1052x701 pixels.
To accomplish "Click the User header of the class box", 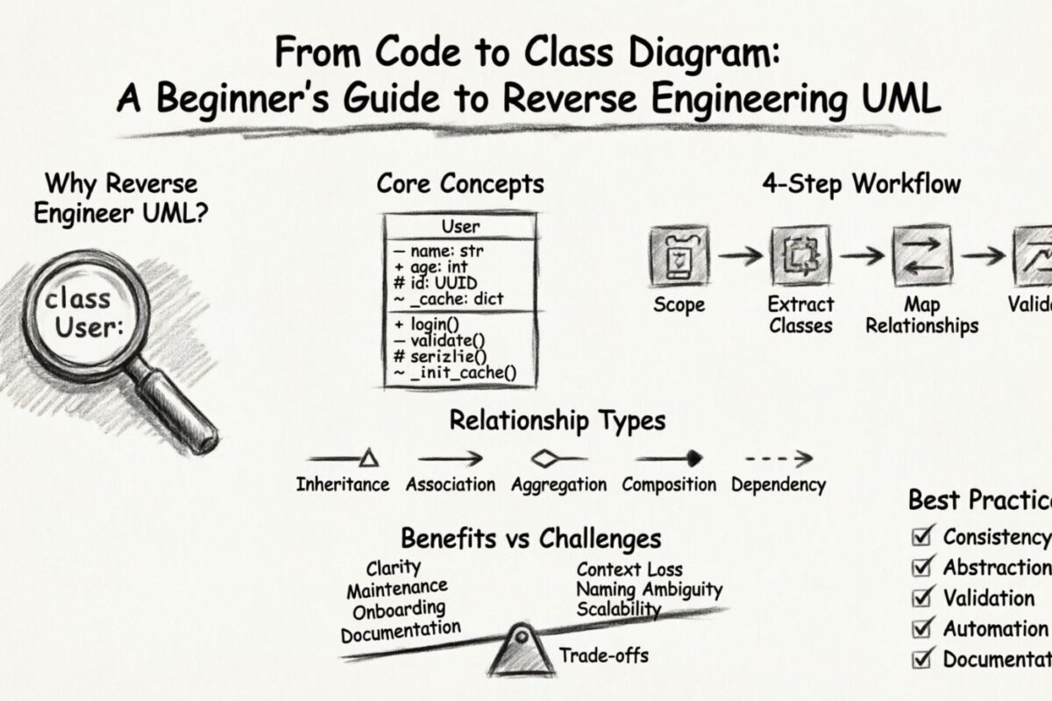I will pos(460,227).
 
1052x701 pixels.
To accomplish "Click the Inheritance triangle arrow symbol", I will pos(368,457).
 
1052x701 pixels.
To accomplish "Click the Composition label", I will pos(668,485).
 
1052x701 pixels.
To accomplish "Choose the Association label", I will pos(451,485).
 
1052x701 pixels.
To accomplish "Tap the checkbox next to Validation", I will pos(921,598).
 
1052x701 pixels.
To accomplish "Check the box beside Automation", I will pos(921,628).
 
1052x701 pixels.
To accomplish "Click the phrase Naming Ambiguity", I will pos(650,590).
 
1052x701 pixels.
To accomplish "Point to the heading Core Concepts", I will pos(460,184).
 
